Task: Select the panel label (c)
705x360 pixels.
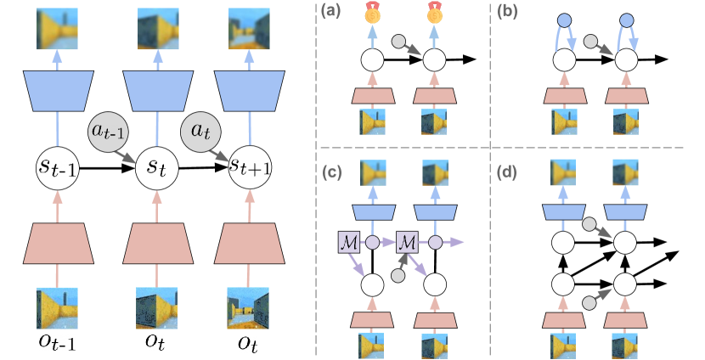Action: click(x=331, y=173)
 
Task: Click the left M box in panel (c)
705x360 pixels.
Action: click(x=350, y=242)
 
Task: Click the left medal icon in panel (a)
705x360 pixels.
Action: click(x=373, y=12)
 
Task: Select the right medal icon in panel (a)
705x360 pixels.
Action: click(x=435, y=12)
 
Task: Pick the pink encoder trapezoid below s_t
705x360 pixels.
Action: click(x=156, y=244)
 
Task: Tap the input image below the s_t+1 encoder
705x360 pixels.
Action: click(x=249, y=308)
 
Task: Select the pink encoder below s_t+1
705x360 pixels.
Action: click(x=249, y=244)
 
